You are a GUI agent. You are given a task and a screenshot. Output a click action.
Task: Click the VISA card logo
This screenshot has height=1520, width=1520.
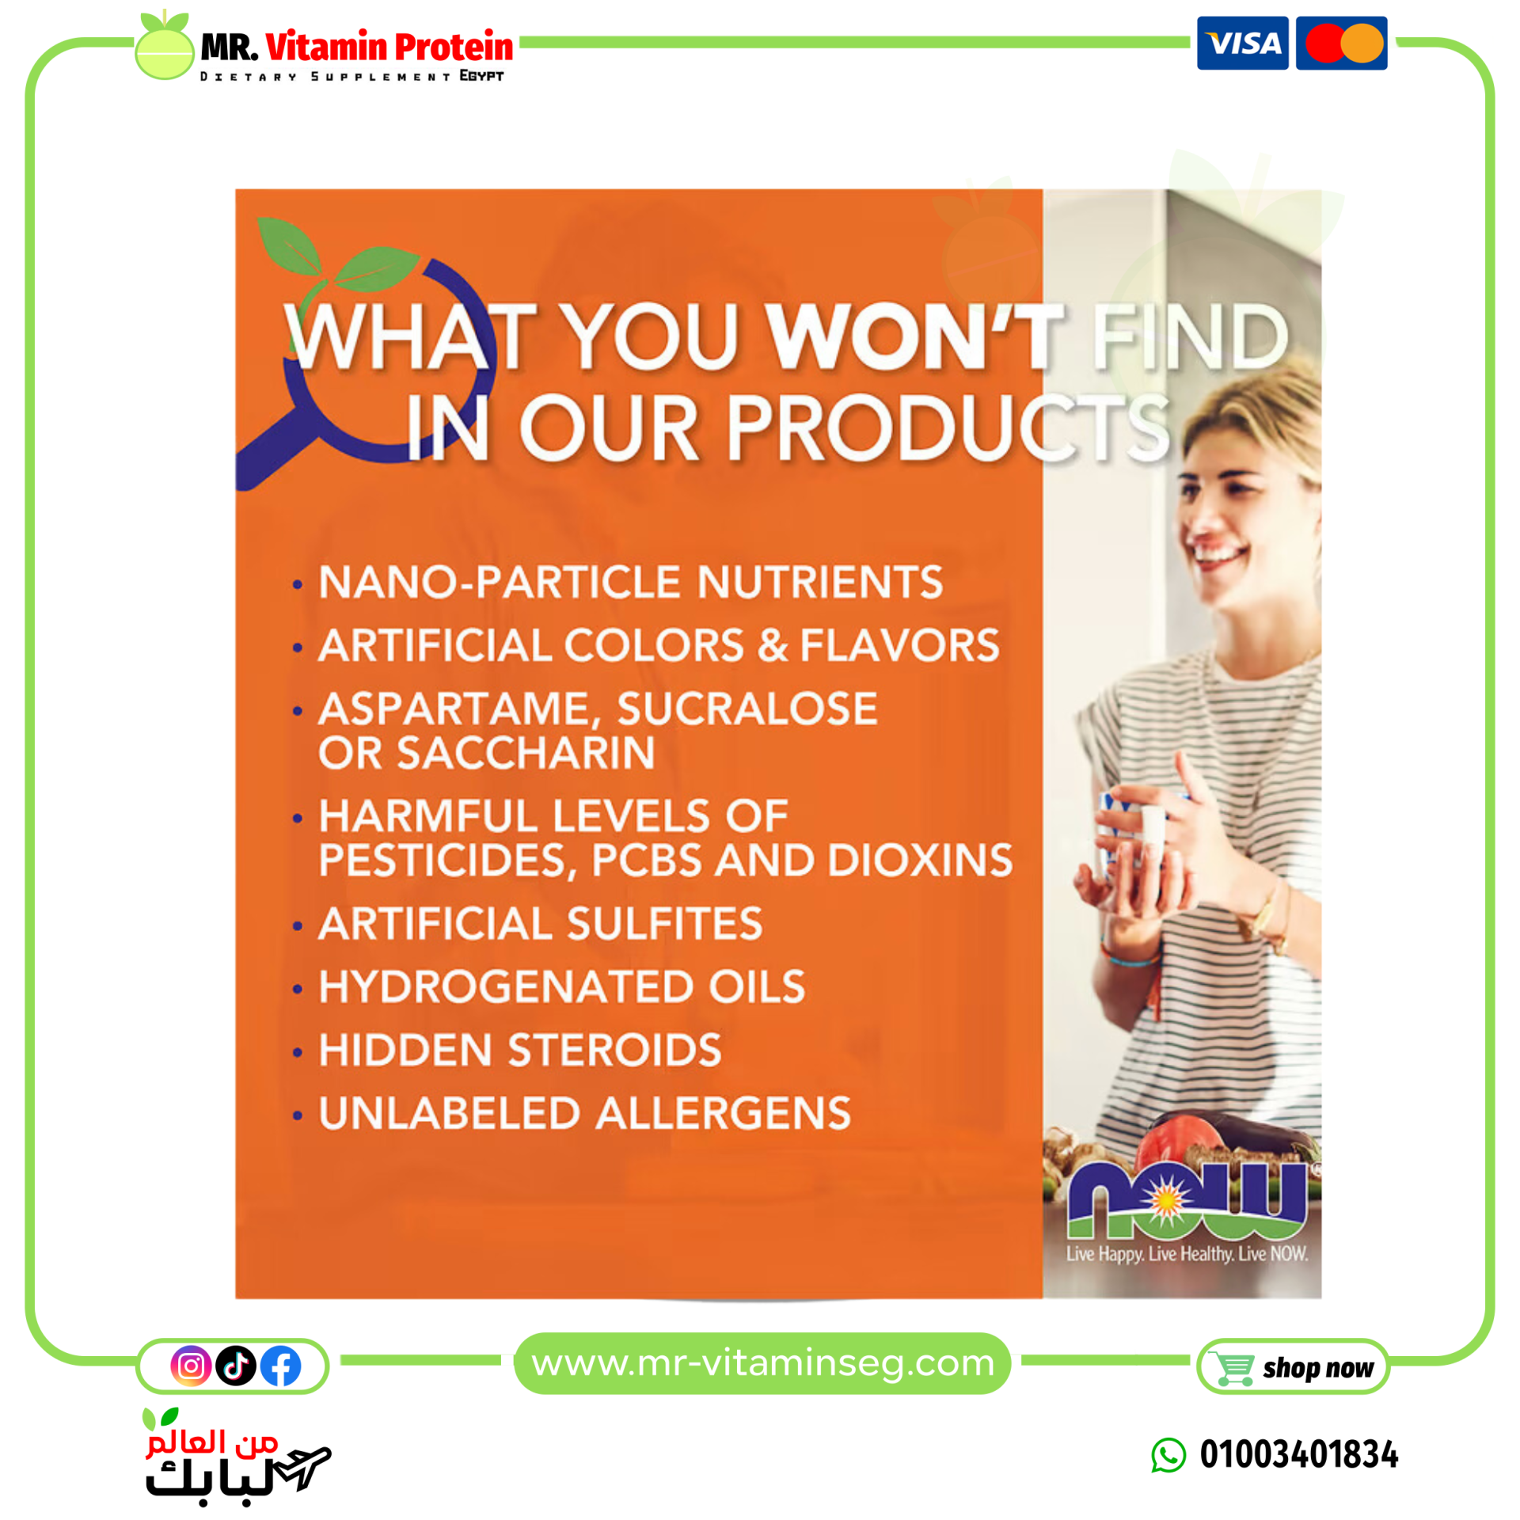tap(1242, 43)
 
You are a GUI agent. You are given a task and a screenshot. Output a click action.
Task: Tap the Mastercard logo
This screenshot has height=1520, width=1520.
tap(1341, 43)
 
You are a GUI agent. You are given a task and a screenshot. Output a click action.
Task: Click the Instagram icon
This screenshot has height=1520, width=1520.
tap(191, 1365)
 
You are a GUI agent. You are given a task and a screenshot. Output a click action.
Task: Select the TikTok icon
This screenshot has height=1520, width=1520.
tap(236, 1365)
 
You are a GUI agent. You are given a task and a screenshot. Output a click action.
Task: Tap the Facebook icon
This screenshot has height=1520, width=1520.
tap(281, 1365)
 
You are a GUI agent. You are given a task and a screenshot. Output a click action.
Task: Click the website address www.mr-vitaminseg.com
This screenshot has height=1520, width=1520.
tap(762, 1363)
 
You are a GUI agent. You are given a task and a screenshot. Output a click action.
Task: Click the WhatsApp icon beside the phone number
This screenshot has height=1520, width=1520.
tap(1168, 1455)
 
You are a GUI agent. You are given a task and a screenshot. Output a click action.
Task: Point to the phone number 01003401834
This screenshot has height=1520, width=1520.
tap(1299, 1454)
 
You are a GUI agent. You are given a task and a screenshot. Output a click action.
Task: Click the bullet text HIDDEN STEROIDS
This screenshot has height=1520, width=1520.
tap(520, 1050)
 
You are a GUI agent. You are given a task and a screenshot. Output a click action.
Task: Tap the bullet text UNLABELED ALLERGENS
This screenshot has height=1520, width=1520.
tap(585, 1113)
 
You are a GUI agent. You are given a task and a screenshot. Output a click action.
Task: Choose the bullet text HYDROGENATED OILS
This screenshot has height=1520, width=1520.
tap(562, 986)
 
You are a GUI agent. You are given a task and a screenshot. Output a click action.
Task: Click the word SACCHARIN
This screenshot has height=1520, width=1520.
tap(526, 752)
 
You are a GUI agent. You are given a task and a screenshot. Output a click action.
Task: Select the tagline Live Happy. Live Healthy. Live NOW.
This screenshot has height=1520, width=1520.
tap(1187, 1254)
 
